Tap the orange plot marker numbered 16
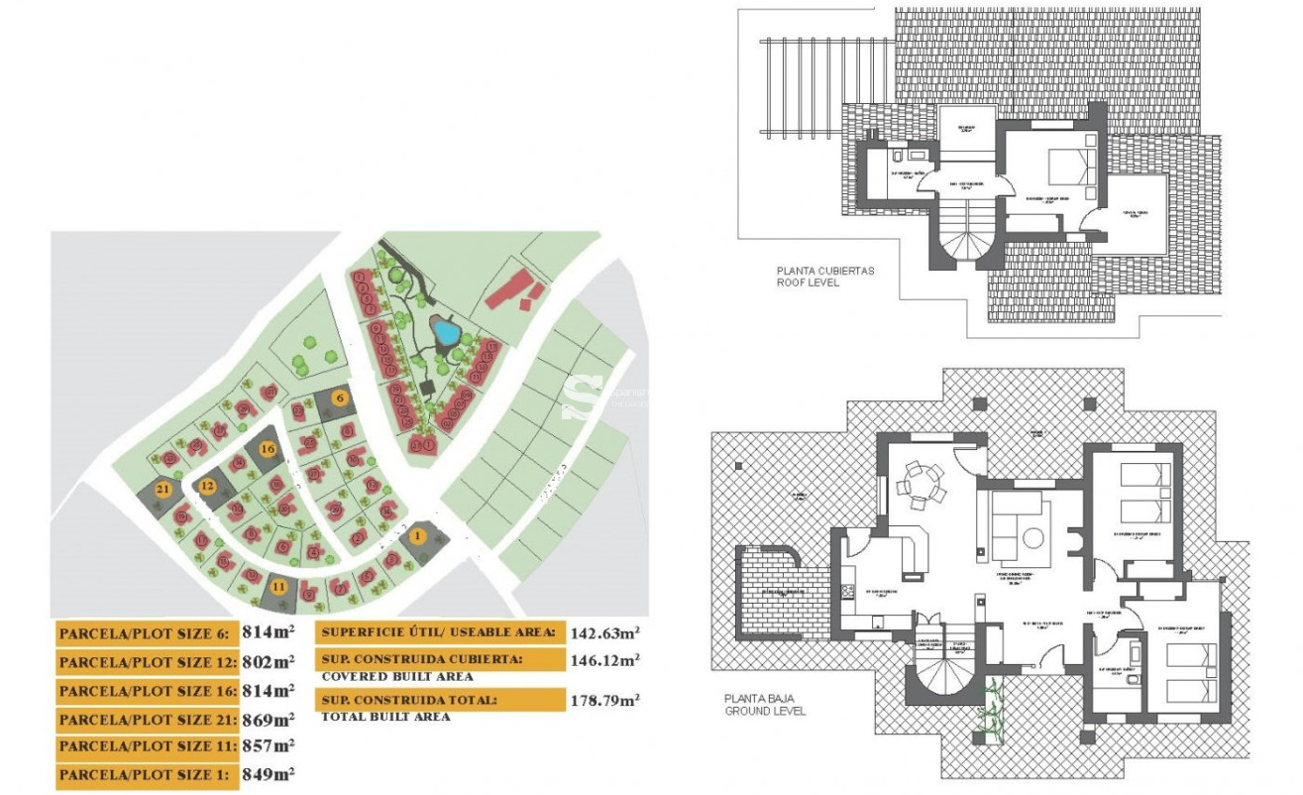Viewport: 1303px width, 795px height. point(267,448)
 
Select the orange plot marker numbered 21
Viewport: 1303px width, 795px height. point(163,489)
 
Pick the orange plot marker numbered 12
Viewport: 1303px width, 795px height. point(207,486)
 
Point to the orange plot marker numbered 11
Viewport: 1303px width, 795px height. point(279,586)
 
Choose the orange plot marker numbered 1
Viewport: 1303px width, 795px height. point(416,536)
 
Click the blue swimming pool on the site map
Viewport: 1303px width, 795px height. point(445,332)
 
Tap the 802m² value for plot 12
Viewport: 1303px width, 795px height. point(268,661)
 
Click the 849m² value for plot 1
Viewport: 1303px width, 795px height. point(268,773)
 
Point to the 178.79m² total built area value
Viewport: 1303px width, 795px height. point(604,700)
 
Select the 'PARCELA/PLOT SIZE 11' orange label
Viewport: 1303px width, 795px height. point(147,745)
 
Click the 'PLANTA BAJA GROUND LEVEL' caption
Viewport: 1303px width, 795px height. point(765,705)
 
